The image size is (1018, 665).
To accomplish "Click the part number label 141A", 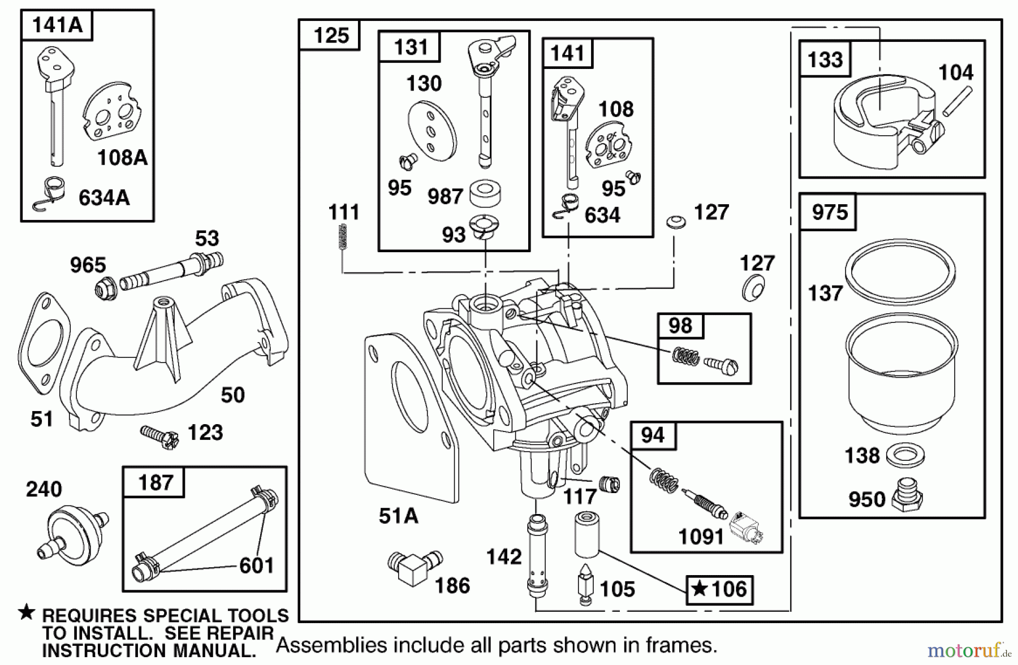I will pyautogui.click(x=57, y=25).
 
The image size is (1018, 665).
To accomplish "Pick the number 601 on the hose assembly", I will pyautogui.click(x=256, y=565).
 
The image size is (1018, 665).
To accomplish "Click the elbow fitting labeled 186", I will pyautogui.click(x=414, y=567).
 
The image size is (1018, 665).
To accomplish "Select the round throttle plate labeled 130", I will pyautogui.click(x=432, y=132).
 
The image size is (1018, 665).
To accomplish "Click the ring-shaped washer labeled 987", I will pyautogui.click(x=485, y=192).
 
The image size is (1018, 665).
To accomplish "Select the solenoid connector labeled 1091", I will pyautogui.click(x=747, y=528).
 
